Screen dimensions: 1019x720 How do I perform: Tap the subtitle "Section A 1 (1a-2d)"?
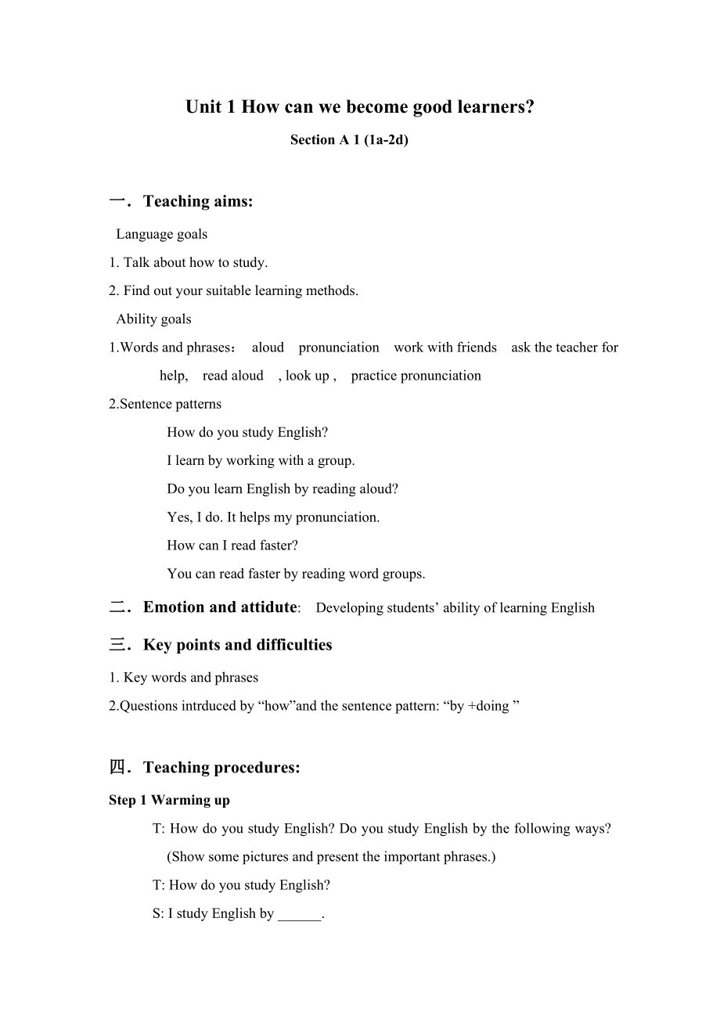(x=349, y=140)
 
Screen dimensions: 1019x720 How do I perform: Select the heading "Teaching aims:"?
(x=198, y=201)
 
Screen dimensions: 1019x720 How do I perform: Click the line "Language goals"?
(x=162, y=234)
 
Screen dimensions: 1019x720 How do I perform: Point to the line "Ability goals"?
(x=153, y=319)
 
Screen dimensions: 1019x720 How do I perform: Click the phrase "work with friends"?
(x=445, y=347)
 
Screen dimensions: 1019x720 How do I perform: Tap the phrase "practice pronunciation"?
(x=416, y=375)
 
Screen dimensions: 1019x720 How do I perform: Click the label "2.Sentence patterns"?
(x=165, y=404)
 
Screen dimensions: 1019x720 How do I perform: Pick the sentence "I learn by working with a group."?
(x=261, y=460)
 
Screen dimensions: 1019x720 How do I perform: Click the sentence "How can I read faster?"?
(x=232, y=545)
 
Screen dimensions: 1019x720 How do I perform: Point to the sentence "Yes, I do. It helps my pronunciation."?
(x=273, y=517)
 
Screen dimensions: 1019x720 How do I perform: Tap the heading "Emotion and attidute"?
(x=220, y=607)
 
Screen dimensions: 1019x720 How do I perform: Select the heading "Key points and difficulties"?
(x=238, y=645)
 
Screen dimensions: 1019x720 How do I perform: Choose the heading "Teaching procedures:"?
(x=221, y=767)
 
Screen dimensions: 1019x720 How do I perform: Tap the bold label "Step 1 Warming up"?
(x=169, y=800)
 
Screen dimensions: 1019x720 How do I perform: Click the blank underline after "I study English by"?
(x=299, y=914)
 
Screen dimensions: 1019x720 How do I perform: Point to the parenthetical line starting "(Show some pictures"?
(x=331, y=856)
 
